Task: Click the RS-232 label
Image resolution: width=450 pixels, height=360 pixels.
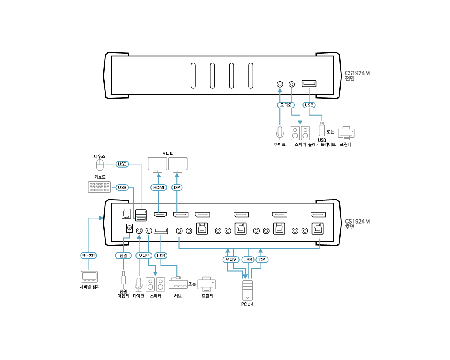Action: click(89, 256)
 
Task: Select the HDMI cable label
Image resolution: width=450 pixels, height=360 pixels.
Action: click(159, 187)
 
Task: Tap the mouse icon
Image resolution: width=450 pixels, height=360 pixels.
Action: click(100, 164)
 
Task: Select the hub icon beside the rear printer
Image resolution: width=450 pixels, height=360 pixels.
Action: click(178, 283)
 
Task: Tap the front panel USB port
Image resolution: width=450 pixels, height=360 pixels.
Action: click(309, 84)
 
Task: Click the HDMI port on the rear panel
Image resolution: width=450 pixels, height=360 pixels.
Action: click(160, 215)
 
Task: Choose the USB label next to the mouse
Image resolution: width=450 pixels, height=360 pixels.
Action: click(122, 164)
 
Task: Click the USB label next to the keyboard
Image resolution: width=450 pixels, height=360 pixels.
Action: click(122, 187)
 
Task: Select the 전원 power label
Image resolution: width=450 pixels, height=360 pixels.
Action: click(124, 256)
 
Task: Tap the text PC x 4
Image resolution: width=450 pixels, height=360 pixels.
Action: click(247, 304)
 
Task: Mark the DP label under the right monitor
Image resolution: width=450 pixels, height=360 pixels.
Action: click(177, 187)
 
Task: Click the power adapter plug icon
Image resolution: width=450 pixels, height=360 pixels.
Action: click(124, 278)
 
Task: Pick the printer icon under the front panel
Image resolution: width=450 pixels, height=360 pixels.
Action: click(346, 133)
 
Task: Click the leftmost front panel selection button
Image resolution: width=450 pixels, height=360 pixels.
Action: click(193, 76)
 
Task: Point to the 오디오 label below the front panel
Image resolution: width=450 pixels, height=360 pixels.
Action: click(285, 105)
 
